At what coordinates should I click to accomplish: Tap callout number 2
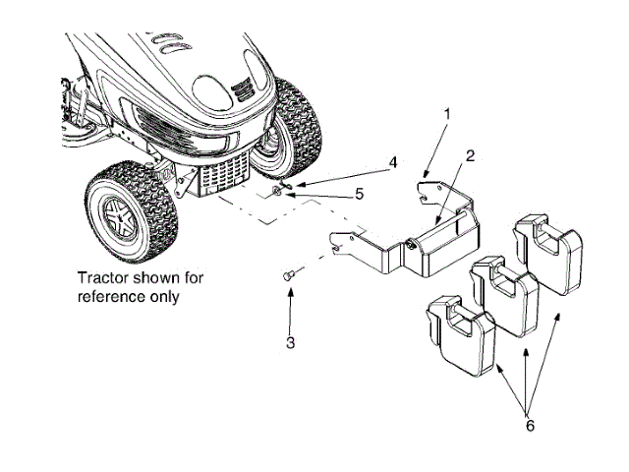tap(470, 155)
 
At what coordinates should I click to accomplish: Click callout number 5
tap(360, 194)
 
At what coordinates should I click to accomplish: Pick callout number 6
tap(530, 426)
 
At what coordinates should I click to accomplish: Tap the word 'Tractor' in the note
tap(108, 276)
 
